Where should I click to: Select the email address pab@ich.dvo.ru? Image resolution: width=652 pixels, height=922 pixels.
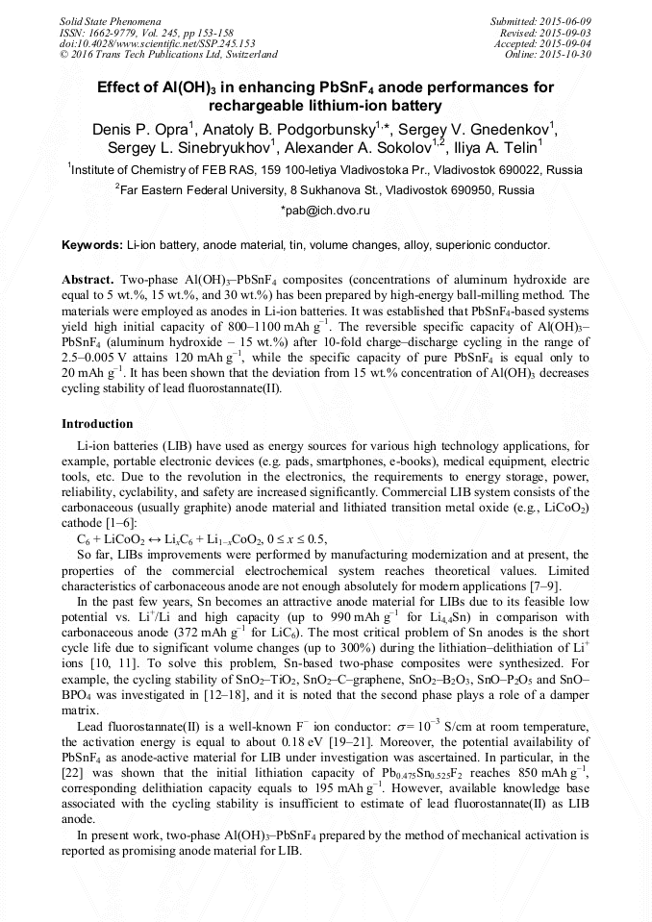[x=325, y=209]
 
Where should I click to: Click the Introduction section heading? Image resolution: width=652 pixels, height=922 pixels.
[x=97, y=424]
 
